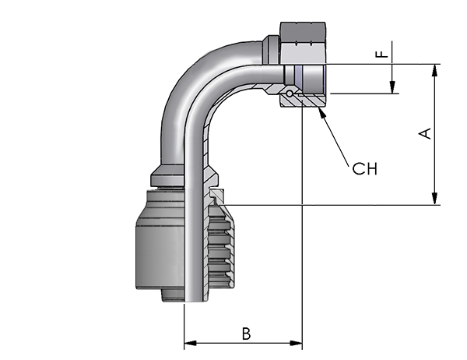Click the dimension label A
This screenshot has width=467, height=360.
[x=425, y=133]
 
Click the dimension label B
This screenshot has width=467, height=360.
[x=246, y=334]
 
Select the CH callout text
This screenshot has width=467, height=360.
[x=364, y=168]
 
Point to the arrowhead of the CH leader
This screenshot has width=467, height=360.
[x=321, y=111]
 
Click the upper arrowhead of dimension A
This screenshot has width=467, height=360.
[x=435, y=71]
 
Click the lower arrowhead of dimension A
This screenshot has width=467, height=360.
[x=435, y=199]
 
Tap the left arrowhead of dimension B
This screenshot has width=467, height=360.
[x=191, y=343]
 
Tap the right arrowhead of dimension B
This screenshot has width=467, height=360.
[x=296, y=343]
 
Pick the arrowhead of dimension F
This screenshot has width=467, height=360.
[x=392, y=87]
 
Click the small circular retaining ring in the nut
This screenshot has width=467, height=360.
[x=290, y=94]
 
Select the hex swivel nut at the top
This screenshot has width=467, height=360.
[x=303, y=43]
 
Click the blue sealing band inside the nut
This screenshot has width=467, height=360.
[x=299, y=76]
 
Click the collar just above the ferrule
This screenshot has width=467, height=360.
[x=167, y=176]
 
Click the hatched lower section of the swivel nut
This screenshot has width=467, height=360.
[x=304, y=100]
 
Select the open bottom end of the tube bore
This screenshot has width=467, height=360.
[x=194, y=302]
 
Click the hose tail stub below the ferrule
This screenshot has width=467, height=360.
[x=173, y=295]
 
